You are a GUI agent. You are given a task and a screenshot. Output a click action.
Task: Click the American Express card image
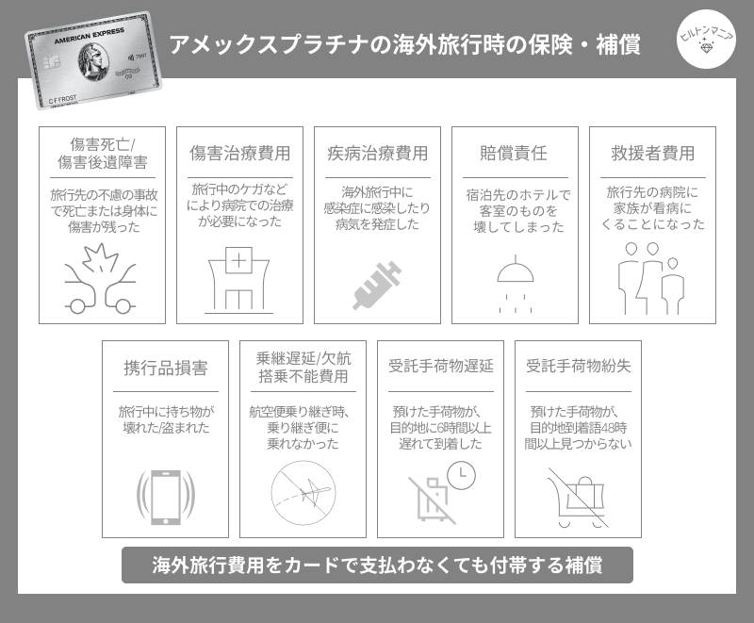pos(93,60)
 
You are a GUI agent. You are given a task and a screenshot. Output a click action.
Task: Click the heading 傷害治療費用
pos(239,154)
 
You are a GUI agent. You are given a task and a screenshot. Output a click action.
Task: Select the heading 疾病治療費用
pos(378,154)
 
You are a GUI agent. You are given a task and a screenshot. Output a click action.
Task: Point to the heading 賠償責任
pos(514,154)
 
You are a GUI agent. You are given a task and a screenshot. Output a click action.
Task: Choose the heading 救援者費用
pos(652,154)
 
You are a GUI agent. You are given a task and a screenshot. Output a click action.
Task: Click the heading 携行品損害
pos(166,368)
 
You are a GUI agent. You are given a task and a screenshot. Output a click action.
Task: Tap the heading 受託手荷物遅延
pos(440,366)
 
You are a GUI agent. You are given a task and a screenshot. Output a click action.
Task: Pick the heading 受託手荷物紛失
pos(578,366)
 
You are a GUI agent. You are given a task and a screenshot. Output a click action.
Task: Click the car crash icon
pos(101,279)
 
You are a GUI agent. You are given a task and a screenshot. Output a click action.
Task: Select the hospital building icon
pos(238,280)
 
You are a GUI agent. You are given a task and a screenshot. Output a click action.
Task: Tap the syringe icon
pos(377,286)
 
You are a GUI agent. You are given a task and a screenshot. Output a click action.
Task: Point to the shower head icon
pos(515,284)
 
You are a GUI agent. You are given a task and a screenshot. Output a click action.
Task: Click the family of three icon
pos(651,279)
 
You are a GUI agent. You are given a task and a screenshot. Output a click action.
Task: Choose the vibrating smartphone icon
pos(166,497)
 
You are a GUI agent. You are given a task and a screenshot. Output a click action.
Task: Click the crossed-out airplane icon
pos(303,493)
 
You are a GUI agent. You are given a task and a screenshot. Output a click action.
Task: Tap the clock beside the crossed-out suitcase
pos(461,476)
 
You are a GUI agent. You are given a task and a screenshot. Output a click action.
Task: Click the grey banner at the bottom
pos(377,565)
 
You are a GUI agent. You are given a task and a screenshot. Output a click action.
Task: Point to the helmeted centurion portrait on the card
pos(93,62)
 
